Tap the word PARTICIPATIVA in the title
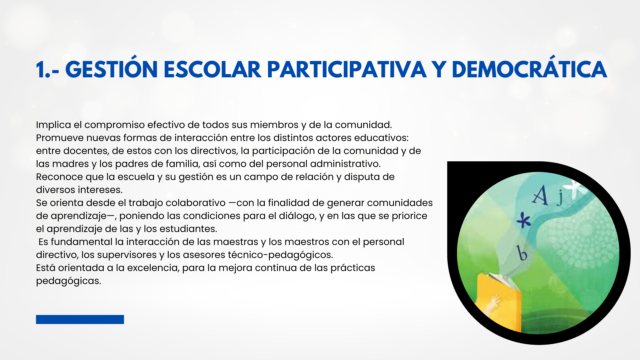coord(347,69)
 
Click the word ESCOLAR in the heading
coord(212,69)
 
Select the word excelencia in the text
coord(153,268)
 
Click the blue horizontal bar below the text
coord(80,319)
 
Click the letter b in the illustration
coord(522,253)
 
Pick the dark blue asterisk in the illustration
coord(524,220)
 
